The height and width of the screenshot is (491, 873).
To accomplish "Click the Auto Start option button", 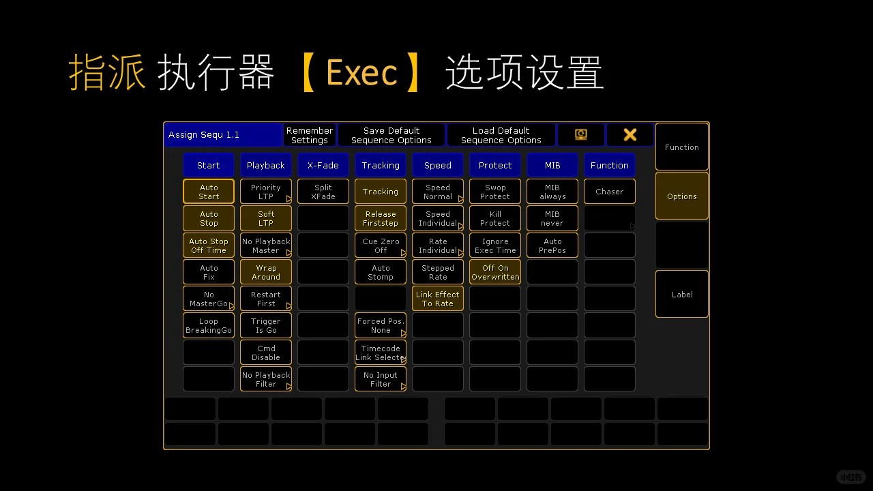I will pos(209,192).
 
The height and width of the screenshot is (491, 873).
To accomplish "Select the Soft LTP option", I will pos(266,218).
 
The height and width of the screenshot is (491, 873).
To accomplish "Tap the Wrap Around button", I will pos(266,272).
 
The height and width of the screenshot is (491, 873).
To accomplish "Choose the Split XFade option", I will pos(323,192).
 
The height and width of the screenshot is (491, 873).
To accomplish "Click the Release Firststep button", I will pos(381,218).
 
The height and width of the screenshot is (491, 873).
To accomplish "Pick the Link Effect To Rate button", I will pos(438,299).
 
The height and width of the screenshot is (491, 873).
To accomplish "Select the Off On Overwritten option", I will pos(495,272).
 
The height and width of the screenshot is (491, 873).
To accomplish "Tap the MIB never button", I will pos(552,218).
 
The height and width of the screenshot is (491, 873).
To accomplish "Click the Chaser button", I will pos(610,192).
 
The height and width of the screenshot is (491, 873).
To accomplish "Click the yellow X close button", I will pos(630,135).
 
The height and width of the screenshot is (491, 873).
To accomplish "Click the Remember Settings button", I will pos(310,135).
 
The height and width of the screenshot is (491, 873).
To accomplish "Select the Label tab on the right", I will pos(682,294).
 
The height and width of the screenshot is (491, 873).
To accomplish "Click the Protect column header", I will pos(495,165).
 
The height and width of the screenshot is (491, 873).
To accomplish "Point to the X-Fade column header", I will pos(323,165).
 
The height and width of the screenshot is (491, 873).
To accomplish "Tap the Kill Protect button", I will pos(495,218).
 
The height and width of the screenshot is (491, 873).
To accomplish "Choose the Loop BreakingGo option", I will pos(209,325).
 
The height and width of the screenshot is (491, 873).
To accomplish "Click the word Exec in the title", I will pos(361,72).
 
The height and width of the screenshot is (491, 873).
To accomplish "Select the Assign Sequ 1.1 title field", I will pos(222,135).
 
